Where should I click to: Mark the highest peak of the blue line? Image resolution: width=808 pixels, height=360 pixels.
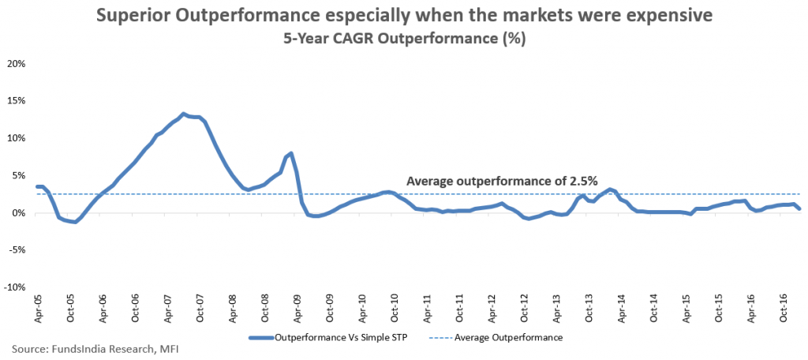pyautogui.click(x=183, y=114)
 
